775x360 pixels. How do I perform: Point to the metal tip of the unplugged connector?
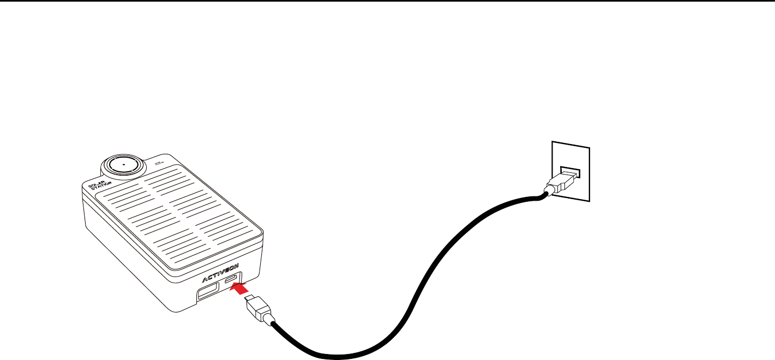(x=250, y=299)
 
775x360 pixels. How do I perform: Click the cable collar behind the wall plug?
(x=547, y=191)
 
